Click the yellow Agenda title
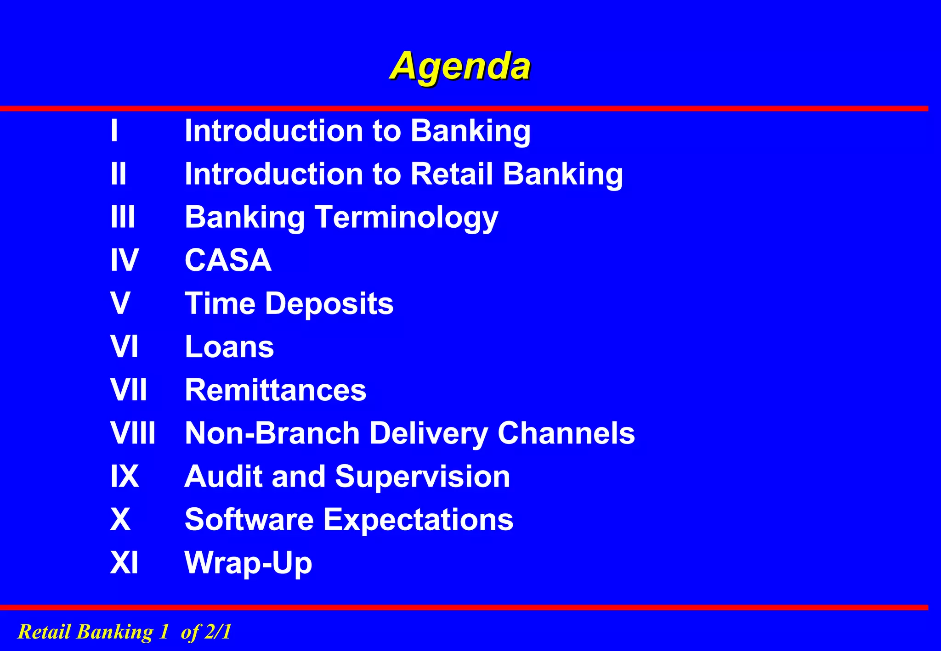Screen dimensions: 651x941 pos(460,67)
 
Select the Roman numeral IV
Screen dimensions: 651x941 pos(125,260)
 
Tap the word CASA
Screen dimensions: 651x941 pos(228,260)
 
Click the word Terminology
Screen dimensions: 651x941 pos(406,217)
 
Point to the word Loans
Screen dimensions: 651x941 pos(229,347)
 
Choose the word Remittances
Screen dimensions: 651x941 pos(275,390)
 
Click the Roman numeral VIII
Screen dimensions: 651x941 pos(133,433)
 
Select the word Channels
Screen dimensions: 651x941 pos(566,433)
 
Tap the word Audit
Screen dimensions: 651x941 pos(223,477)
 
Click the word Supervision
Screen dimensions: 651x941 pos(423,477)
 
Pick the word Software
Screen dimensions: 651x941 pos(249,520)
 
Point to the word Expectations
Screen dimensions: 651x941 pos(419,520)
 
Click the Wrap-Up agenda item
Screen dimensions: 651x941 pos(248,563)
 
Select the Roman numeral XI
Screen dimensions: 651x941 pos(125,563)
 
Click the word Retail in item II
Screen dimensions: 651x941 pos(452,174)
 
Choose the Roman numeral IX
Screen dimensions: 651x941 pos(125,477)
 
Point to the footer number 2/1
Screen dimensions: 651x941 pos(218,632)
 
